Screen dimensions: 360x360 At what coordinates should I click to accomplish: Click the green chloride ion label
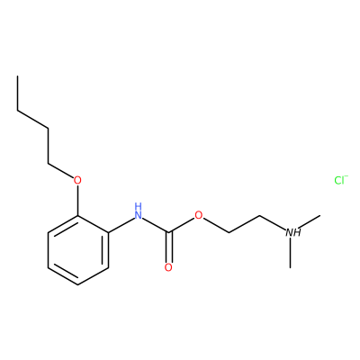(x=341, y=180)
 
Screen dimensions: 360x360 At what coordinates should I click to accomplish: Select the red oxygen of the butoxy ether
(x=77, y=180)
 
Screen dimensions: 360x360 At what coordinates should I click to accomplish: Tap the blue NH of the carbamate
(x=138, y=211)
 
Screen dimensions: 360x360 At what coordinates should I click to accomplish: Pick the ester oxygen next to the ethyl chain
(x=199, y=215)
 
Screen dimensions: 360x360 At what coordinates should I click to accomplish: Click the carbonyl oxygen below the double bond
(x=168, y=267)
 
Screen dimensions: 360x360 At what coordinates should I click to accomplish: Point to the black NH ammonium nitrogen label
(x=292, y=232)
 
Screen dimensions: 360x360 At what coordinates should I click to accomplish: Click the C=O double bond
(x=168, y=247)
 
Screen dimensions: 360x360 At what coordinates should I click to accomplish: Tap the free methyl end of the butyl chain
(x=18, y=76)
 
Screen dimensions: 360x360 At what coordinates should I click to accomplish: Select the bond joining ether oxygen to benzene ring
(x=77, y=201)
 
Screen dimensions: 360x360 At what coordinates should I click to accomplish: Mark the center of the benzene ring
(x=78, y=250)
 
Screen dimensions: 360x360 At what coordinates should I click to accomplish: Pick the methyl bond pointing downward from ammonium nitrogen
(x=290, y=253)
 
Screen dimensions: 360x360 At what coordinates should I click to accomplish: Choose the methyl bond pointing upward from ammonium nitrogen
(x=309, y=221)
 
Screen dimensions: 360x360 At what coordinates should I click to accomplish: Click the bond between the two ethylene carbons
(x=245, y=224)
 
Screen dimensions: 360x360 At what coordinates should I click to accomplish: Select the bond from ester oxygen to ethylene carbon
(x=216, y=225)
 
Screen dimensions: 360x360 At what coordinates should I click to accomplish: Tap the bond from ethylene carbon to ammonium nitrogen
(x=273, y=222)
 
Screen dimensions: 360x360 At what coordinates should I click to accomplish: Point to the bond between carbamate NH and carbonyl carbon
(x=156, y=225)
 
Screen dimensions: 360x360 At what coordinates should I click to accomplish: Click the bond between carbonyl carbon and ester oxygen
(x=182, y=225)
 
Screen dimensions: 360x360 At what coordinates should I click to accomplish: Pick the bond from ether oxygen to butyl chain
(x=61, y=171)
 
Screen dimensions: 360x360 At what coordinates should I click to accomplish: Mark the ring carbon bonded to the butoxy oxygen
(x=77, y=215)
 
